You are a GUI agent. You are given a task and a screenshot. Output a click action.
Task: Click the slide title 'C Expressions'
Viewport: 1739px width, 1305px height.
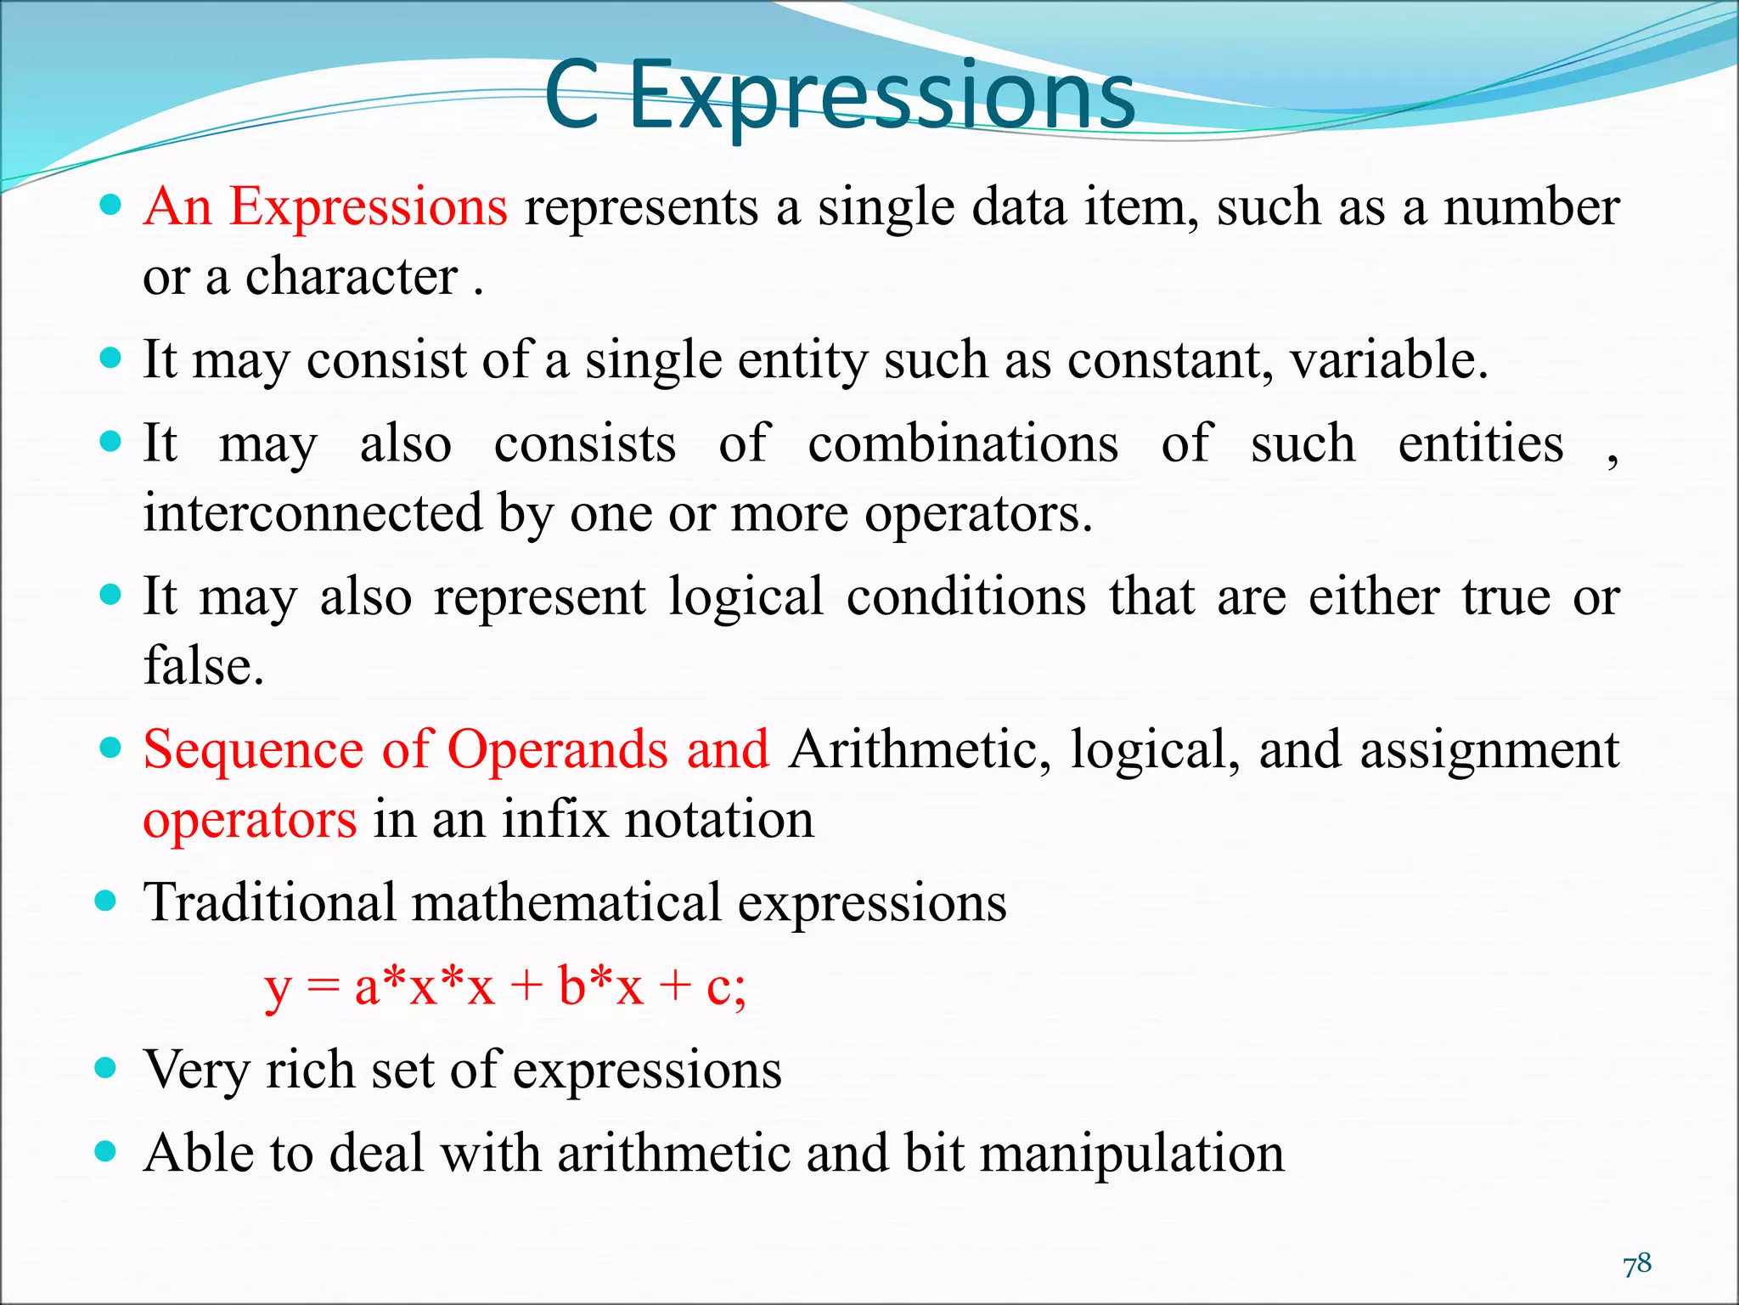839,95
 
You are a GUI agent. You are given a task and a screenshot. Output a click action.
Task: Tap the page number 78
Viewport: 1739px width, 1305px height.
1637,1263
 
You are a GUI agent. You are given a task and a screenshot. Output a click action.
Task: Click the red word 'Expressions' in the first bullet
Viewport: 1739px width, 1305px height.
369,207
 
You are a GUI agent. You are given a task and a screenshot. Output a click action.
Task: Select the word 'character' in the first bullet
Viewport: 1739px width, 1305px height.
352,277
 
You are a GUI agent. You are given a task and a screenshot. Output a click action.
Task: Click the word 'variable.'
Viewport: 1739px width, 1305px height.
1389,360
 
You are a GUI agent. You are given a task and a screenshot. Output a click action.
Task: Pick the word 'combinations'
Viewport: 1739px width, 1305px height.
963,443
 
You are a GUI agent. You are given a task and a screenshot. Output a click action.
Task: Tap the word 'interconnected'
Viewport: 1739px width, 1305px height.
312,513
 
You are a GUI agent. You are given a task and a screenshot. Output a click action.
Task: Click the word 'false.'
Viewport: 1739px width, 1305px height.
204,665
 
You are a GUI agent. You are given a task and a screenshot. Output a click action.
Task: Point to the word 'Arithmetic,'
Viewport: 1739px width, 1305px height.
920,750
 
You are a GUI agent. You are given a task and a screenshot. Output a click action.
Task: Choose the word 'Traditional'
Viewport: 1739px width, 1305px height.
269,902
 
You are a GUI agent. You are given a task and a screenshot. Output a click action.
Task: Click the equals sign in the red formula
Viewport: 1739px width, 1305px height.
324,988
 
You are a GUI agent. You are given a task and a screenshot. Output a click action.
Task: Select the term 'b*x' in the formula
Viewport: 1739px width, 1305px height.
600,987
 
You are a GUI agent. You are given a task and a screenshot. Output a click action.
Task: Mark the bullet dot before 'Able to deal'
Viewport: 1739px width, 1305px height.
105,1152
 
